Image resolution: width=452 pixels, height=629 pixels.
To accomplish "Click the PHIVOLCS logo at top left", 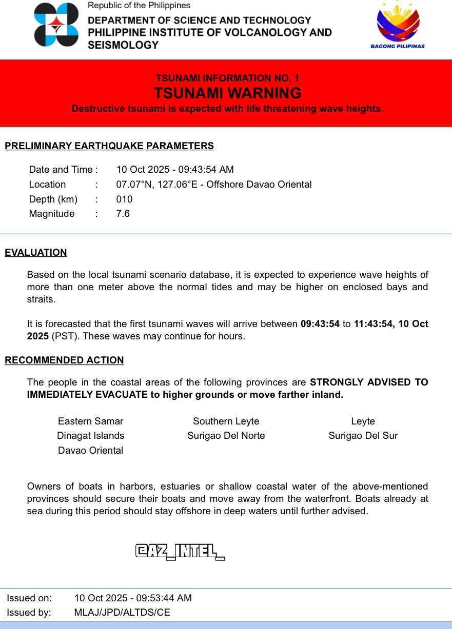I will [56, 25].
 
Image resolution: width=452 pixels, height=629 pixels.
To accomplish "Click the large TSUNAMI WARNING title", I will [227, 93].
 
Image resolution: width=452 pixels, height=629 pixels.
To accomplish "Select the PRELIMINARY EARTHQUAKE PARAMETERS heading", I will [109, 146].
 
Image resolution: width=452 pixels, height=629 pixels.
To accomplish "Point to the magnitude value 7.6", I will [123, 214].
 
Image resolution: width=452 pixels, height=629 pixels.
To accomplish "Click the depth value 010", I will [124, 199].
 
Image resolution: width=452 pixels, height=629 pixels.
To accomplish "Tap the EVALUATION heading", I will [36, 253].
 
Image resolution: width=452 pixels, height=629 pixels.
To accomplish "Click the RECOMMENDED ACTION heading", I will [64, 360].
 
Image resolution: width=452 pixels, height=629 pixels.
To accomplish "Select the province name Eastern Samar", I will [91, 421].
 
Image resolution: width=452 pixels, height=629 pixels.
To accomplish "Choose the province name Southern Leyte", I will [226, 421].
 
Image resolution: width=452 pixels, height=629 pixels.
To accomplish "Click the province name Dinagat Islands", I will [91, 436].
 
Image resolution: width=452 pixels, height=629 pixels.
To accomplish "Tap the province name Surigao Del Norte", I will [226, 436].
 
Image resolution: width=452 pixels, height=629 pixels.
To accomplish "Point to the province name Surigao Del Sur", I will [363, 436].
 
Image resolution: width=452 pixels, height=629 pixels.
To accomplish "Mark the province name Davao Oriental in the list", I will [91, 451].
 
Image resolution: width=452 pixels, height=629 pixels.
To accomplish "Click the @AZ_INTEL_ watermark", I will [180, 552].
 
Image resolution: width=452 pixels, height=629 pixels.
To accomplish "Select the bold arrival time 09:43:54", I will [320, 324].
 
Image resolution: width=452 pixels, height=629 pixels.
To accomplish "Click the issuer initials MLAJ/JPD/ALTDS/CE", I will [122, 613].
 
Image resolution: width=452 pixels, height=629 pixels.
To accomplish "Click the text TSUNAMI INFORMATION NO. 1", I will [227, 78].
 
